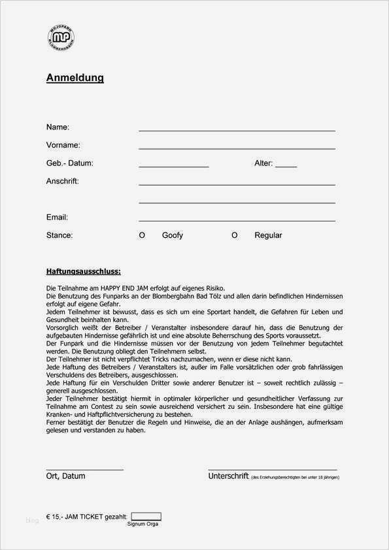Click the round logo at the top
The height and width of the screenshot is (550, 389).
[61, 39]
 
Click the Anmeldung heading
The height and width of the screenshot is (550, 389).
[75, 78]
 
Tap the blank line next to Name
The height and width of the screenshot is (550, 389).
[237, 131]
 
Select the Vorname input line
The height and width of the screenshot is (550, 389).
[237, 149]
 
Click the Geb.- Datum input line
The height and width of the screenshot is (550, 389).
[173, 167]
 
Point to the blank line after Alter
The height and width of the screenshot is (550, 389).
[286, 167]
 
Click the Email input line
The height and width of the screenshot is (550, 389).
[237, 221]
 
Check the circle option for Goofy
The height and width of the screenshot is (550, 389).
[142, 235]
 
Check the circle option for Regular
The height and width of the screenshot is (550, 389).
[234, 235]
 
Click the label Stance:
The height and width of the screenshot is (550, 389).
[59, 235]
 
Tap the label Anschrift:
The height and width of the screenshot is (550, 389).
[62, 181]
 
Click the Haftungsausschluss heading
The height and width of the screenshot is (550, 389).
[83, 271]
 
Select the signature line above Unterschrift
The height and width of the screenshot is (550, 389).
[272, 470]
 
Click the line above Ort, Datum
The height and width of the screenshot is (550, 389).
[84, 470]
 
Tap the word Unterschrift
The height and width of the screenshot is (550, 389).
[228, 476]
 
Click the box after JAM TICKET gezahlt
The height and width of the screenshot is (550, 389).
[146, 516]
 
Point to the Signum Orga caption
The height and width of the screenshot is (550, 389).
[143, 524]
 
